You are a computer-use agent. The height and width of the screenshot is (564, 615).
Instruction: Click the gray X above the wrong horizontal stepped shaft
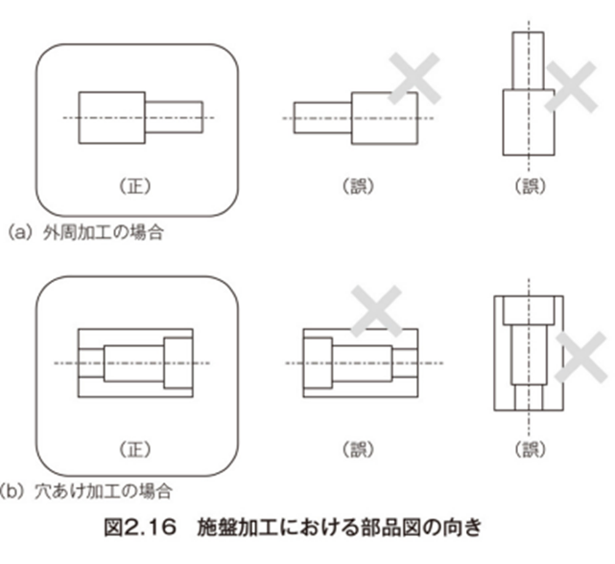click(414, 79)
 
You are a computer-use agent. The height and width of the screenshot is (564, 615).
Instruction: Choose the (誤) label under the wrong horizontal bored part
click(360, 449)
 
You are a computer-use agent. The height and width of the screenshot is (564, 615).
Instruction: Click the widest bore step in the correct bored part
click(177, 363)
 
